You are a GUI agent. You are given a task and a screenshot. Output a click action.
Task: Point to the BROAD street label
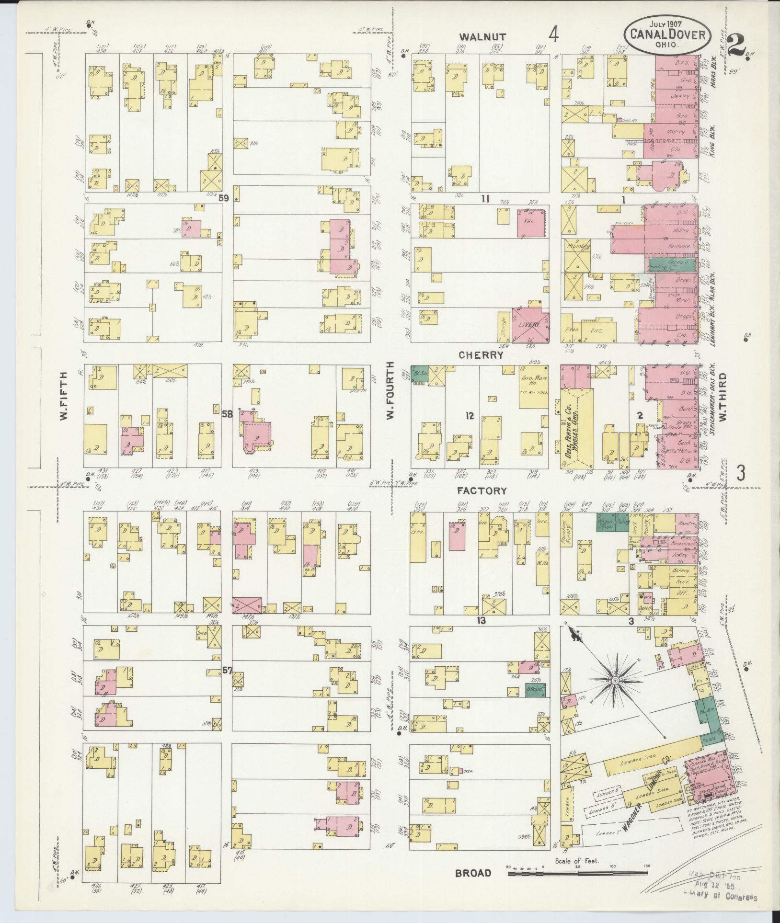coord(473,873)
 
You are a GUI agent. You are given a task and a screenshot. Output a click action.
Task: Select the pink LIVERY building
coord(530,325)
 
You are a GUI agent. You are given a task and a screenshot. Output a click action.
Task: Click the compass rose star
coord(614,680)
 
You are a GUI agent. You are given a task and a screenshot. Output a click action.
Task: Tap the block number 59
coord(223,197)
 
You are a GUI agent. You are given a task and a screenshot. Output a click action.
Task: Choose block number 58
coord(227,414)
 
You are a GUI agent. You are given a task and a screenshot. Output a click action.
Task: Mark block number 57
coord(227,671)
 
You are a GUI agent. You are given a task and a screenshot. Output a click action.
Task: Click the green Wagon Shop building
coord(606,522)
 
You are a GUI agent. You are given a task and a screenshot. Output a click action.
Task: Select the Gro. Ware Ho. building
coord(534,387)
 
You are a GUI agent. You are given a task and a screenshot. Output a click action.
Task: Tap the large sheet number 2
coord(736,47)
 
